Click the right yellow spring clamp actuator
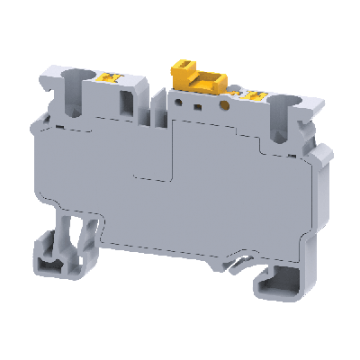[x=255, y=96]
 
